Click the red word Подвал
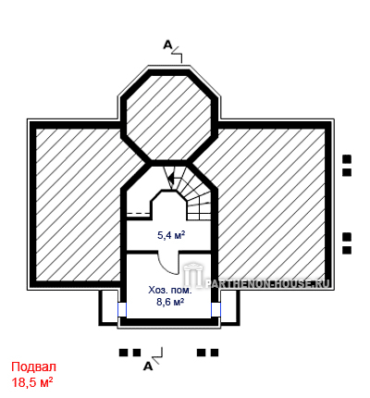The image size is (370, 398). tap(34, 367)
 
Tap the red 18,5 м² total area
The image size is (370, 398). tap(32, 382)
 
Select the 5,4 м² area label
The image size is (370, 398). tap(171, 236)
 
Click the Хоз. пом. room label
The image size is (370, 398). tap(170, 291)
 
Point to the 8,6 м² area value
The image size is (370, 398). tap(170, 302)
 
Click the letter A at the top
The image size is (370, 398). tap(167, 45)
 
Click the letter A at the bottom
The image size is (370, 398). tap(148, 367)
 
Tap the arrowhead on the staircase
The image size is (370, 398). tap(170, 178)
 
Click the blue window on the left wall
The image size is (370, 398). tap(122, 309)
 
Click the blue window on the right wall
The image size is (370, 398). tap(216, 309)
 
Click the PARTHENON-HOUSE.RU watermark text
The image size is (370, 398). tap(267, 283)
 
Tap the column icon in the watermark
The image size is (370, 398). tap(192, 275)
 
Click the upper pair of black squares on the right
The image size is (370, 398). tap(347, 166)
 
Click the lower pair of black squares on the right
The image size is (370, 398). tap(347, 243)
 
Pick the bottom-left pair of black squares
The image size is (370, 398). tap(130, 353)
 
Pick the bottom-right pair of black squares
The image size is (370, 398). tap(208, 353)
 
